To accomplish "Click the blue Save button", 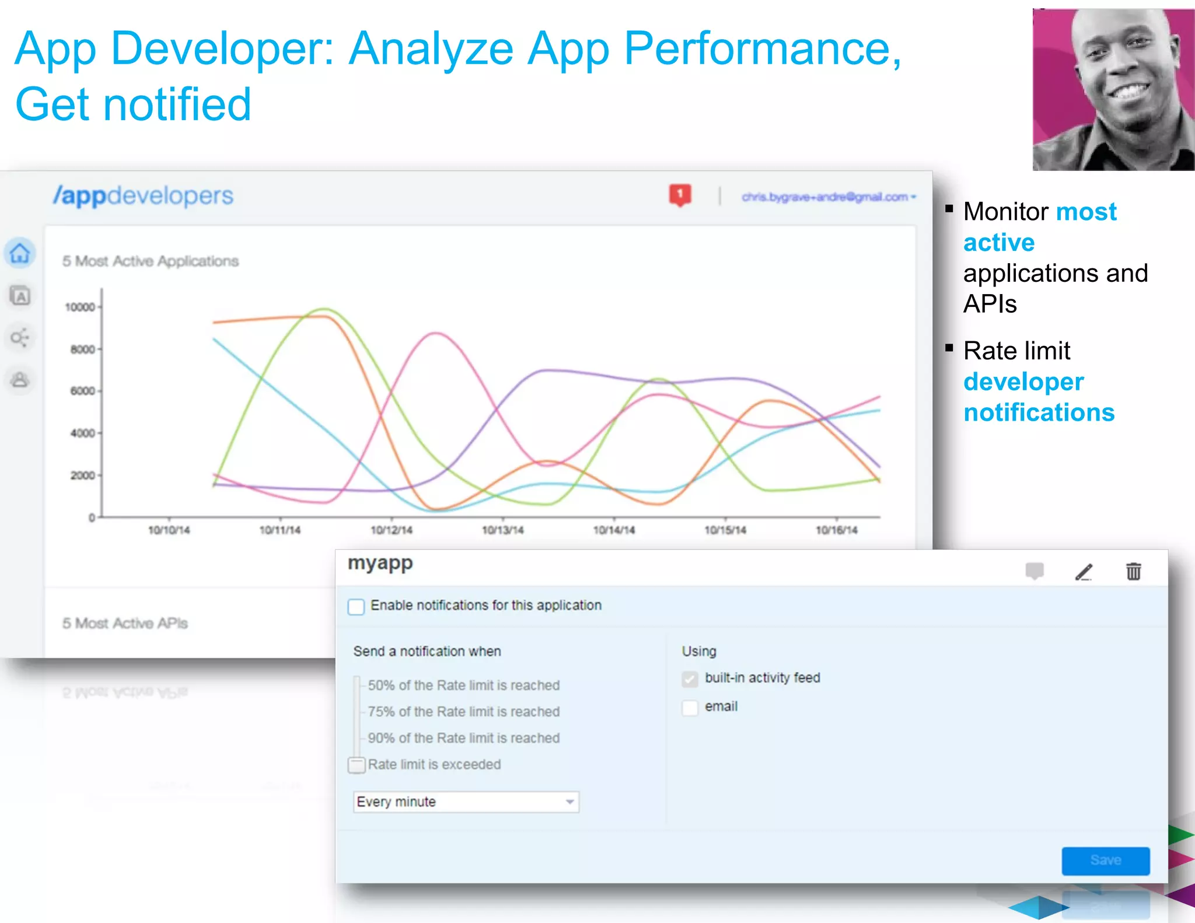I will pos(1105,860).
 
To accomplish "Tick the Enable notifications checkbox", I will pos(356,606).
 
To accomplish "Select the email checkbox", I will pos(690,707).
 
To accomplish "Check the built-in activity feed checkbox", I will pos(690,679).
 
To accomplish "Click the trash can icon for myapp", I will pos(1133,571).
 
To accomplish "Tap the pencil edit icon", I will pos(1084,572).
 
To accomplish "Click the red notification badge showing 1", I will pos(680,195).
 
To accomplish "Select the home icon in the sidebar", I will pos(20,253).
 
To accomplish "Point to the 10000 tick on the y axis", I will pos(80,307).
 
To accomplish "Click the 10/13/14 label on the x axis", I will pos(502,530).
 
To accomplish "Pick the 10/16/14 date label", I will pos(836,530).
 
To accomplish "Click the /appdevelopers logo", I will pos(143,196).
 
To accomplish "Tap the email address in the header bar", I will pos(825,197).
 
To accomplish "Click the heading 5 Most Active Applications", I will pos(151,261).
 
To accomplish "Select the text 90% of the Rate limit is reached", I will pos(463,738).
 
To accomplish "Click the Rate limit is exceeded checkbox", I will pos(356,764).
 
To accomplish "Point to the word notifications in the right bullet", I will pos(1039,412).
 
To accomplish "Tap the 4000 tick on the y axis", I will pos(82,433).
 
